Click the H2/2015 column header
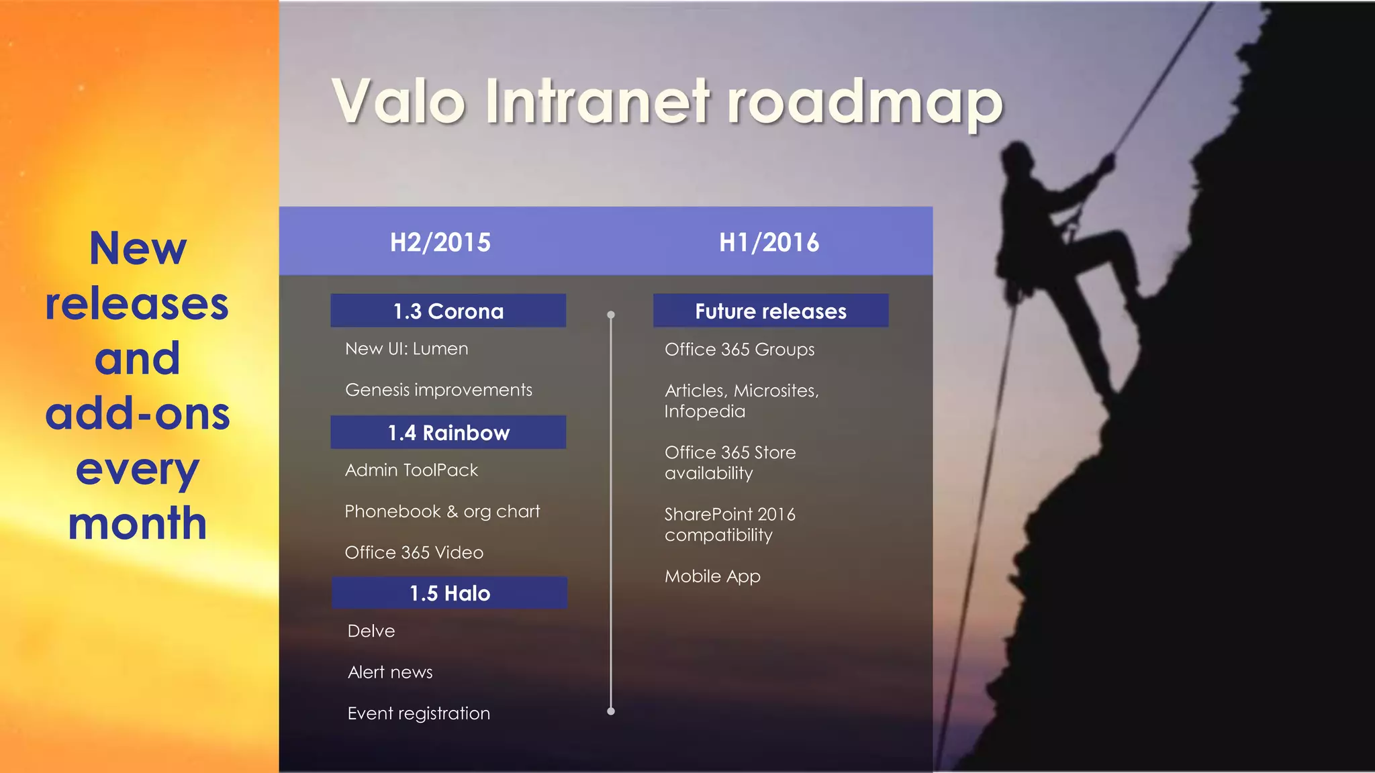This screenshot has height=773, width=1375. click(x=440, y=242)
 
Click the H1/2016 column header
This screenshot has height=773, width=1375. click(x=769, y=242)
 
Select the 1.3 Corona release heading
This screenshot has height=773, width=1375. click(x=448, y=311)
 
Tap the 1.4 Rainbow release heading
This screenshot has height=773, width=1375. click(x=448, y=432)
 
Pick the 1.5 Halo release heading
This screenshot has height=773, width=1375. click(x=449, y=593)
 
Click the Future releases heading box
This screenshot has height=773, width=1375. click(x=770, y=311)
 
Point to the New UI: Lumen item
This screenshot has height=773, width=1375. click(x=406, y=349)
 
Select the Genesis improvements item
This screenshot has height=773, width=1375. click(x=438, y=390)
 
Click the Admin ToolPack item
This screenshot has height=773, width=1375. click(x=411, y=470)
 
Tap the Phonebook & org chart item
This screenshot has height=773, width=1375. click(x=442, y=511)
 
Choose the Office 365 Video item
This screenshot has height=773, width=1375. click(x=414, y=552)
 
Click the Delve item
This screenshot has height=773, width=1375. click(x=371, y=631)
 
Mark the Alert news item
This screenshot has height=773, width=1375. click(x=390, y=672)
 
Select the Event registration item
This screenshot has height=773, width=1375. click(x=418, y=713)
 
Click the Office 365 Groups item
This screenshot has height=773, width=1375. click(x=739, y=350)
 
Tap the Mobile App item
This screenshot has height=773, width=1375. click(x=712, y=576)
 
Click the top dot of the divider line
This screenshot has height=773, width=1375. click(x=611, y=315)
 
